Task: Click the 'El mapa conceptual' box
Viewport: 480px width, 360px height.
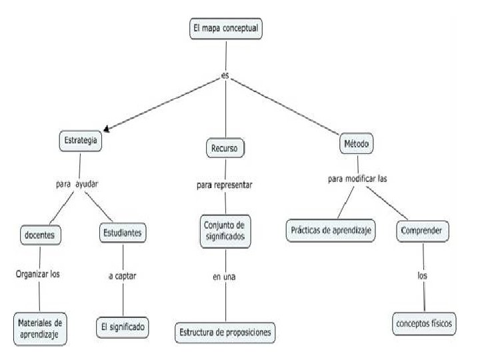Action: click(225, 29)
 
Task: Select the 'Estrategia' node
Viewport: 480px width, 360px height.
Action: click(81, 141)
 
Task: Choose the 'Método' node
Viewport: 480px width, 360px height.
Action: click(357, 143)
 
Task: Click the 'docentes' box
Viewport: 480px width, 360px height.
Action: click(41, 235)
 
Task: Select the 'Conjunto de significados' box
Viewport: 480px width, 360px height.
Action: click(225, 231)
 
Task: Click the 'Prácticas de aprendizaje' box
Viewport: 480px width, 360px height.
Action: click(331, 231)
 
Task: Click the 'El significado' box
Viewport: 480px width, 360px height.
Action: click(122, 327)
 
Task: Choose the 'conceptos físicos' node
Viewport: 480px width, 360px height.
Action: click(424, 323)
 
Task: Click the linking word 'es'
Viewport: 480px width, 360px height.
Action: click(225, 75)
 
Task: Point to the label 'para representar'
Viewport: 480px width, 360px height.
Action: click(225, 185)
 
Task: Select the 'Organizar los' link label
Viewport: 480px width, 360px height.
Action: click(39, 273)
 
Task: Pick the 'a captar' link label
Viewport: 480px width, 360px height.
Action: click(123, 275)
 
